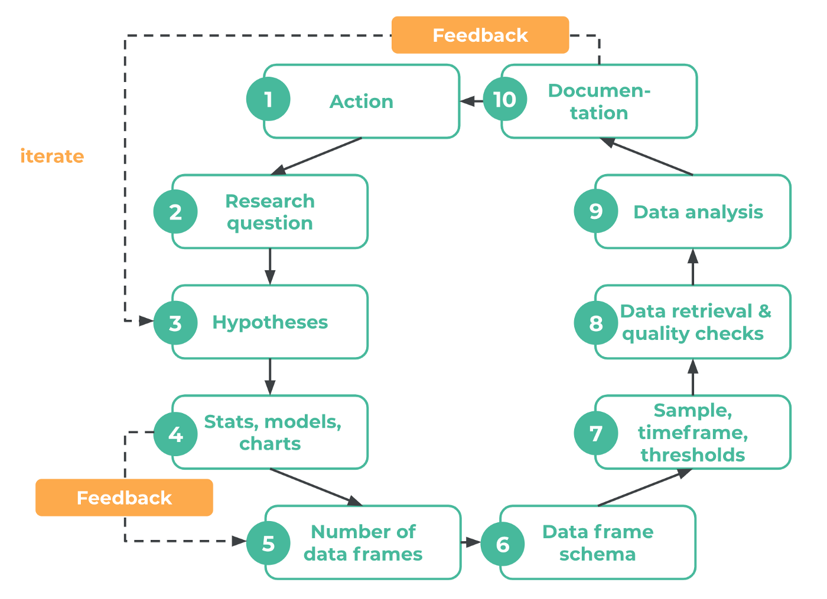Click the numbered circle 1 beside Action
[268, 99]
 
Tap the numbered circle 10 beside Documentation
[505, 99]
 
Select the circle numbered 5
[268, 543]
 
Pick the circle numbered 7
[596, 433]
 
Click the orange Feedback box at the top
[480, 35]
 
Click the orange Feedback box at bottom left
[124, 497]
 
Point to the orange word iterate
[52, 156]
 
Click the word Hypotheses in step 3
[270, 322]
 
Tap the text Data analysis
[698, 212]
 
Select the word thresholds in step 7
[692, 455]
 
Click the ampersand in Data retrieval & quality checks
[764, 311]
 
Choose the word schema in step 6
[597, 554]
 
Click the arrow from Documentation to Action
[471, 101]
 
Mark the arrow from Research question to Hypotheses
[270, 267]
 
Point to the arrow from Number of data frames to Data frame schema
[471, 542]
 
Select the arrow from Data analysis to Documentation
[647, 156]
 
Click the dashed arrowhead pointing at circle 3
[146, 321]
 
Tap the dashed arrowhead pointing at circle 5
[239, 541]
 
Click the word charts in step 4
[270, 444]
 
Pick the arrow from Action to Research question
[316, 156]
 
